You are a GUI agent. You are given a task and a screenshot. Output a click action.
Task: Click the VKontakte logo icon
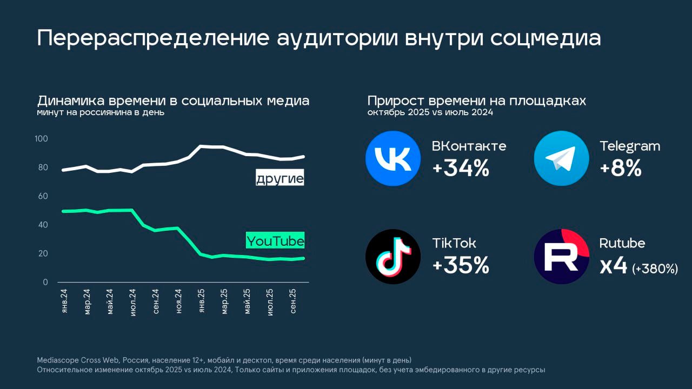pos(393,159)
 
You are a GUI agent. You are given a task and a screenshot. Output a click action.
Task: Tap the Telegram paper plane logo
pos(561,159)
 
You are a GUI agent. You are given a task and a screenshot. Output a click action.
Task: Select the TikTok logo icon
pos(393,257)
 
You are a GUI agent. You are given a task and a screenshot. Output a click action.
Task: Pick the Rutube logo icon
pos(561,257)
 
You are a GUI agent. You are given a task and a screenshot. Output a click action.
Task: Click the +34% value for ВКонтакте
pos(461,169)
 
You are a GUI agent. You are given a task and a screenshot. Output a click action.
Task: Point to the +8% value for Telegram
pos(621,169)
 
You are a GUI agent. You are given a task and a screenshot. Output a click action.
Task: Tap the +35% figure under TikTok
pos(461,266)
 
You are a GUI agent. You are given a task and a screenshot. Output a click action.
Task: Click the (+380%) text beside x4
pos(655,269)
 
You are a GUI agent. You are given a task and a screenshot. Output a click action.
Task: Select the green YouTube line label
pos(275,240)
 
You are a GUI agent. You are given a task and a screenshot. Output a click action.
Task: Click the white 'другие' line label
pos(280,178)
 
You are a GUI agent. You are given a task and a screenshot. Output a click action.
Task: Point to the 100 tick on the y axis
pos(41,139)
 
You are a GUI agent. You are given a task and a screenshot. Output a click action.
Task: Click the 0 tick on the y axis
pos(45,282)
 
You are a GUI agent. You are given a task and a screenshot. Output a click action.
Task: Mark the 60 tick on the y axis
pos(43,196)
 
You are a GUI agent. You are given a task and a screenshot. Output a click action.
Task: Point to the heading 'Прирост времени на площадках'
pos(476,101)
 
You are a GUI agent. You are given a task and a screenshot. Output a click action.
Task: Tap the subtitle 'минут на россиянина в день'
pos(101,112)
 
